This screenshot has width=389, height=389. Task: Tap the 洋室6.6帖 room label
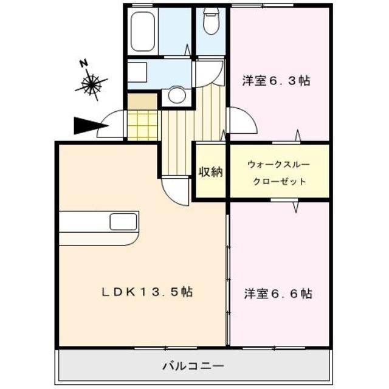pyautogui.click(x=278, y=294)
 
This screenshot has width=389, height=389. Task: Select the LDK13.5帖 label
pyautogui.click(x=146, y=292)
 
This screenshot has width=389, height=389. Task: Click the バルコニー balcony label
pyautogui.click(x=193, y=367)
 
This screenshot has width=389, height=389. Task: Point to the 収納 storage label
pyautogui.click(x=211, y=172)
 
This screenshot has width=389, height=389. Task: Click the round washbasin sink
pyautogui.click(x=176, y=95)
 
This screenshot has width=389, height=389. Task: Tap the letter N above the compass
pyautogui.click(x=84, y=63)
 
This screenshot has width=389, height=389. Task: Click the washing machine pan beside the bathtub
pyautogui.click(x=137, y=72)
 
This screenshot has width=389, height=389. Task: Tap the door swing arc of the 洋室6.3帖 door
pyautogui.click(x=241, y=121)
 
